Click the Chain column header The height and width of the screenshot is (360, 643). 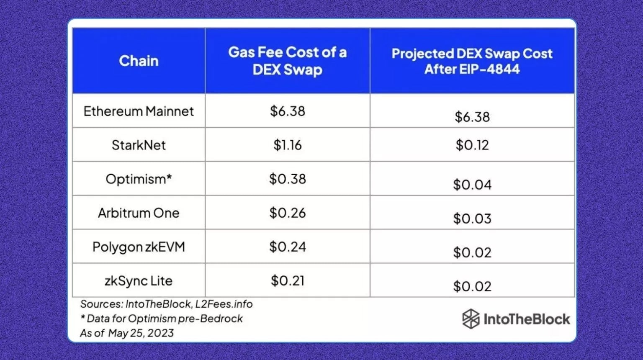[139, 61]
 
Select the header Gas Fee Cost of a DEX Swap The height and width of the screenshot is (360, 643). [287, 61]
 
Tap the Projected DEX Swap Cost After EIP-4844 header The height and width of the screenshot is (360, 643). [472, 61]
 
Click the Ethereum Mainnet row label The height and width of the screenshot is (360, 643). [139, 111]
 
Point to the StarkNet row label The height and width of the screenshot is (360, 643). [139, 145]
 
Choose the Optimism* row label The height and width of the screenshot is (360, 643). [139, 179]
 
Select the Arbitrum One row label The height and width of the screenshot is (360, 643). [139, 213]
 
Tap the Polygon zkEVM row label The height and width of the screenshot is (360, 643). [139, 247]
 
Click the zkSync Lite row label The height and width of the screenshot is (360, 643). [139, 280]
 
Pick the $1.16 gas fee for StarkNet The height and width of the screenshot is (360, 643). [287, 145]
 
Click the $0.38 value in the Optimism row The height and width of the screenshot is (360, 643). [287, 179]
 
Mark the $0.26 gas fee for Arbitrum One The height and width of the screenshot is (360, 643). [287, 213]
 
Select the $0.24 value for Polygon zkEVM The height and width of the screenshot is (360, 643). [287, 247]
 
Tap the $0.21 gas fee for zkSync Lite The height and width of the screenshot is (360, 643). [287, 280]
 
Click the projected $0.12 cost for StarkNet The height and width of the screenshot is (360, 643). [472, 145]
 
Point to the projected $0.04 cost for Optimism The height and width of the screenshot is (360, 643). [472, 185]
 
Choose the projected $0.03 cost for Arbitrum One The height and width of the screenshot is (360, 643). [472, 219]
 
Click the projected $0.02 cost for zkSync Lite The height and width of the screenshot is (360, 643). [472, 286]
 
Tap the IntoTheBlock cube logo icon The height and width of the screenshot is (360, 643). [471, 319]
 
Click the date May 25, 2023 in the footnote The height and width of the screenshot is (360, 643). [141, 333]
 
